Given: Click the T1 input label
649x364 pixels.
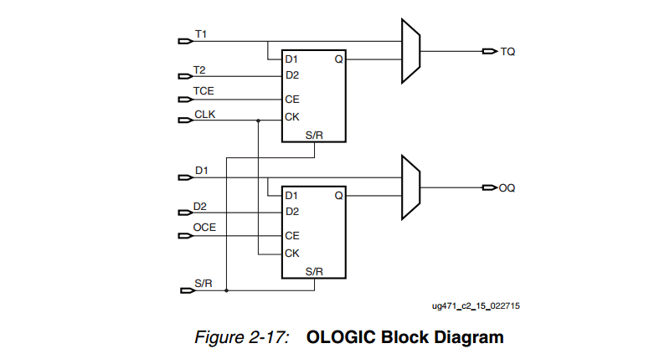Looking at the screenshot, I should [x=201, y=34].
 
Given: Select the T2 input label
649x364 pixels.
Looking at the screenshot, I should [x=199, y=69].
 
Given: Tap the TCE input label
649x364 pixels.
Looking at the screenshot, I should [x=203, y=90].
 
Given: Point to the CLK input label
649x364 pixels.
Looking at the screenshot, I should [x=204, y=114].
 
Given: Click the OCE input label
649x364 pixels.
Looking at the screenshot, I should [x=204, y=227].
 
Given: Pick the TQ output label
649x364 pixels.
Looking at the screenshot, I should [x=507, y=52].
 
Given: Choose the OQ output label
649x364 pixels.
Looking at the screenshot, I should [x=507, y=188].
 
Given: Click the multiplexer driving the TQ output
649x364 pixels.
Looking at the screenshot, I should [x=410, y=52].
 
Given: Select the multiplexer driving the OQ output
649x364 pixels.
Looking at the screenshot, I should [x=410, y=187].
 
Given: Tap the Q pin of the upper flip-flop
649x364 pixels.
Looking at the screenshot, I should [x=338, y=59].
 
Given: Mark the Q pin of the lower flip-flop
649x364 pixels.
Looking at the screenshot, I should [x=338, y=195].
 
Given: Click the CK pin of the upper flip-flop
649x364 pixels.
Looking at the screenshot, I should [x=291, y=117].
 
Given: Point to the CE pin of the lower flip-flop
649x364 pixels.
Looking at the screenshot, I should [x=291, y=236].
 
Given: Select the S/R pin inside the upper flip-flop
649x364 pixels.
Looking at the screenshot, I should [x=314, y=135].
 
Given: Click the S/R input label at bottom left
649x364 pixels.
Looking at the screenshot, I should [x=203, y=284].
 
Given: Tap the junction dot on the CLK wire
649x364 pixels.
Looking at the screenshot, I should [x=259, y=120].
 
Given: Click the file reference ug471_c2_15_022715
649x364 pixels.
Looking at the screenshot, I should [x=476, y=306].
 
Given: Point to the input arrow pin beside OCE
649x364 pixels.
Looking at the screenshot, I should [x=186, y=235].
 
